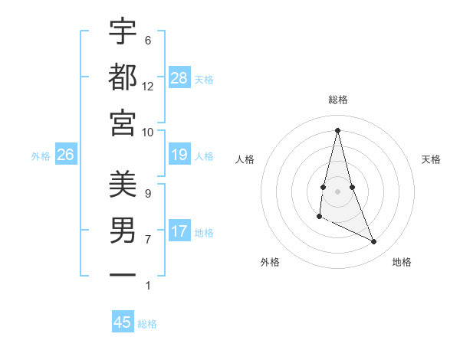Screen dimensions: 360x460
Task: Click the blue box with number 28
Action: pos(179,78)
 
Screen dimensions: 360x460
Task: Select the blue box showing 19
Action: pos(179,155)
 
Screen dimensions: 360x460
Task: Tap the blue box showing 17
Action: pos(179,231)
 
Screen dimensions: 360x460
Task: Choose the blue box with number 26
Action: pos(66,155)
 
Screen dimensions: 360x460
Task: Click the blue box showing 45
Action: pos(123,322)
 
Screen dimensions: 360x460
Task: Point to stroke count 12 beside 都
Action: pos(147,86)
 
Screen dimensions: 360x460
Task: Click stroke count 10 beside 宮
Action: pos(147,132)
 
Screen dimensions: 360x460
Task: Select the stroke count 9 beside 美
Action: pos(147,193)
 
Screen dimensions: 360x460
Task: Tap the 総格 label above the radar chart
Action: pos(338,100)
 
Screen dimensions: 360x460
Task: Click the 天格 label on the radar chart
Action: pos(431,159)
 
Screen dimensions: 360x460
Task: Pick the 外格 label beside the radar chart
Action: pos(269,262)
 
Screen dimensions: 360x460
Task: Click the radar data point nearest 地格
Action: pos(374,242)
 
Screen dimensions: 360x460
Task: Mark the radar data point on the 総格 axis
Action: pos(338,129)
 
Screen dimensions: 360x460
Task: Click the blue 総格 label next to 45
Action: pos(147,324)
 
